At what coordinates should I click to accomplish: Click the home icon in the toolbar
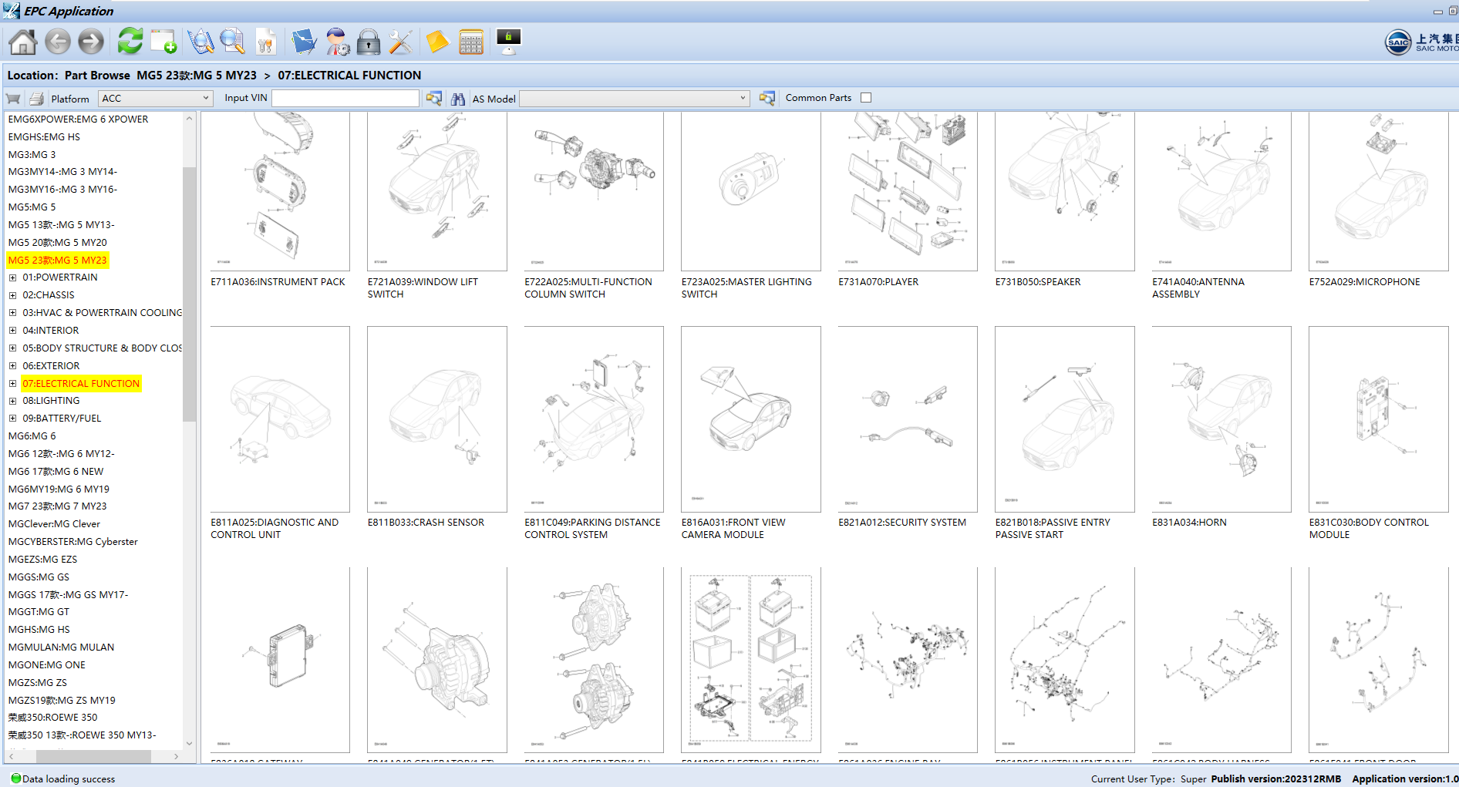22,42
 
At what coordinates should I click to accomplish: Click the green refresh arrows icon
130,41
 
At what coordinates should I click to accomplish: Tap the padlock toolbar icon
369,42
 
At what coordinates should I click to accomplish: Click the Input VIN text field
345,98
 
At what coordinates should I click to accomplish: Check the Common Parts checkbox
866,98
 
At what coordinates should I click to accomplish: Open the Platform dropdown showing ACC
155,98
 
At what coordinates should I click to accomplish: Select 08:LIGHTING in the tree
51,401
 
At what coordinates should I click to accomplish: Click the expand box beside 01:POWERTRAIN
12,277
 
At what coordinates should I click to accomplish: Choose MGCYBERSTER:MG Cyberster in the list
72,542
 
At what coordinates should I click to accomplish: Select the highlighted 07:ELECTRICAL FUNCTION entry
81,384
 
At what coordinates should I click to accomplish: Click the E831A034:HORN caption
1188,523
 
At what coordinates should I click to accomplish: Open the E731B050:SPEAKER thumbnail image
1064,190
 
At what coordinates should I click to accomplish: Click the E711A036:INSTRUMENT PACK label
278,282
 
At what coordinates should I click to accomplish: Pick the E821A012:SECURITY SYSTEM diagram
907,419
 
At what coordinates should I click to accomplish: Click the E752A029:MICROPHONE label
1363,282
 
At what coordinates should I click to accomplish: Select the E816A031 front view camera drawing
750,419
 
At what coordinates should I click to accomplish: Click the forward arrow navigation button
91,42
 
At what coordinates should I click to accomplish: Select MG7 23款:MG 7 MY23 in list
57,506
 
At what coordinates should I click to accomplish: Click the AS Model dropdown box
634,98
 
